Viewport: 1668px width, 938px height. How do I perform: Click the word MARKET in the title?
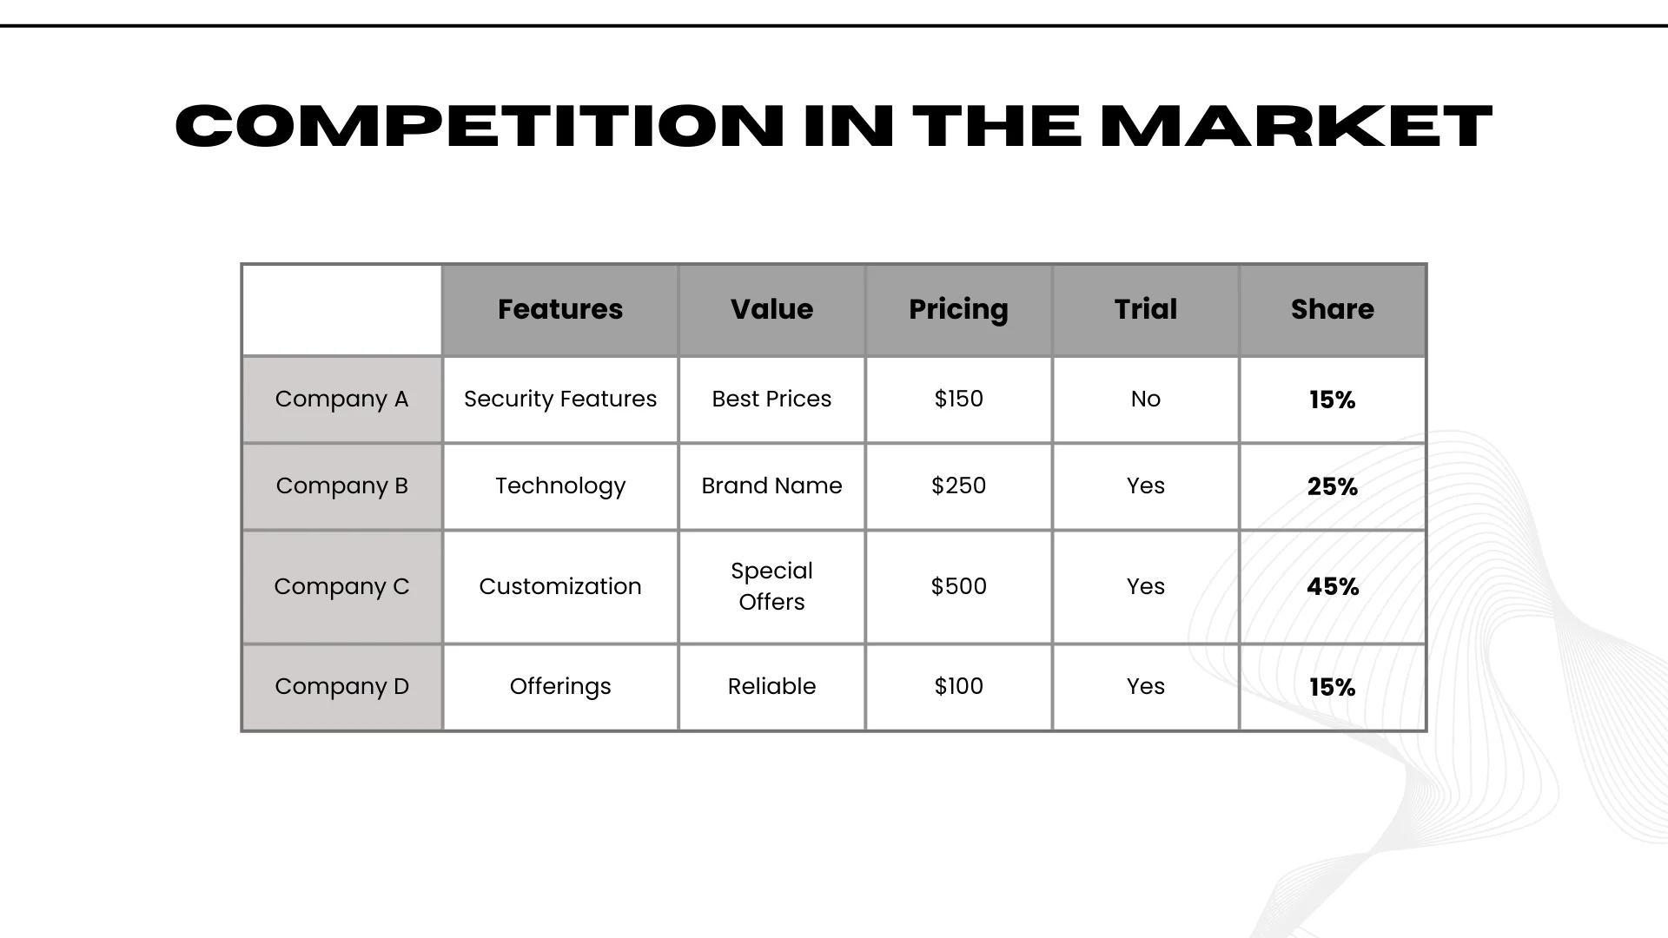(x=1295, y=126)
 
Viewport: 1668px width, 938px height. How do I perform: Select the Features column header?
(x=560, y=309)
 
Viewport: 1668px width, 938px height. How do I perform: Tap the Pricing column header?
(x=958, y=309)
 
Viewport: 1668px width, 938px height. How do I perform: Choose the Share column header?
(x=1332, y=309)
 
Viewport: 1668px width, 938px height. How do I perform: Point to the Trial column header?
(x=1145, y=309)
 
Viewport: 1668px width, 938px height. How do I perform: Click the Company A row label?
(x=341, y=399)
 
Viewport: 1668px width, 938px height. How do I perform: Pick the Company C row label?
(x=341, y=586)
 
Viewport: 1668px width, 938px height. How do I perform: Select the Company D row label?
(x=341, y=686)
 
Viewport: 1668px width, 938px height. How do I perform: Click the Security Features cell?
(x=560, y=399)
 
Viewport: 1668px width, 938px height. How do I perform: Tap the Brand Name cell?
(x=771, y=486)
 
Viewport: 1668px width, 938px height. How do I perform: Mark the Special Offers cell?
(x=771, y=586)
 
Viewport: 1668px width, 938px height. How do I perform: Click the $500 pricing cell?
(x=958, y=586)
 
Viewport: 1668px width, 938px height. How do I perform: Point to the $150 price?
(x=958, y=399)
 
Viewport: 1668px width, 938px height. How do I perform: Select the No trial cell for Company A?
(x=1145, y=399)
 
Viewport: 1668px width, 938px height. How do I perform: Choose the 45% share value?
(x=1332, y=586)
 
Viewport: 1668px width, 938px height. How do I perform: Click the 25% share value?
(x=1332, y=486)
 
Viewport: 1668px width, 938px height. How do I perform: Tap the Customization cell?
(x=560, y=586)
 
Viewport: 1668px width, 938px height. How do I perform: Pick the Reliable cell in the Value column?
(x=771, y=686)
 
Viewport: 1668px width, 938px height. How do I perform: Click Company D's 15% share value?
(x=1332, y=687)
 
